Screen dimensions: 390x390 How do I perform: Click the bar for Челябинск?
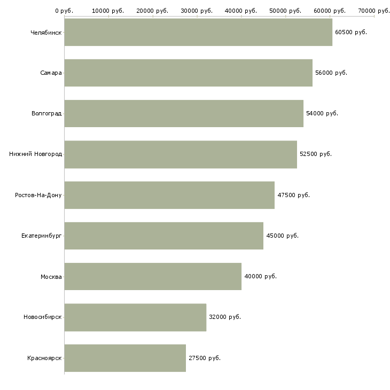pos(198,32)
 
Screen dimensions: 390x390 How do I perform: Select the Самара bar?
pos(188,73)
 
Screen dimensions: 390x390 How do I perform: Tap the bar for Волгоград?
pos(184,113)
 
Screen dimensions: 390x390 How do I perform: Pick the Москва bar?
pos(153,276)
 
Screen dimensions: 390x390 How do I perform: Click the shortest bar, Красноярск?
pos(125,358)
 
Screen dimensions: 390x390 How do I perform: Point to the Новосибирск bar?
pos(135,317)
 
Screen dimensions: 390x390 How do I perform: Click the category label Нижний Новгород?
pos(36,154)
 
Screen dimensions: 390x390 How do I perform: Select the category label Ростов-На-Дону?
pos(38,195)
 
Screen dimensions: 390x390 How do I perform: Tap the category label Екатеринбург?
pos(41,236)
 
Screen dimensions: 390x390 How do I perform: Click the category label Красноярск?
pos(44,358)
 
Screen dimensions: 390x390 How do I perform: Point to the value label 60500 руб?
pos(351,33)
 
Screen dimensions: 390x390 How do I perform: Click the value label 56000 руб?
pos(331,73)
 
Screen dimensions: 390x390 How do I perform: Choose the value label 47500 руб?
pos(293,195)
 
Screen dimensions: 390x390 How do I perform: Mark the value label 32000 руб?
pos(225,317)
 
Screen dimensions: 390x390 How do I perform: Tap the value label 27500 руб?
pos(205,358)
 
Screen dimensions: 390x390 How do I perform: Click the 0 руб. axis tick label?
pos(64,11)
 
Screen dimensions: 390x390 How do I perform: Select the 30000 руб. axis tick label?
pos(197,11)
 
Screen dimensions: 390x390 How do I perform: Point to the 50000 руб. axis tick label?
pos(285,11)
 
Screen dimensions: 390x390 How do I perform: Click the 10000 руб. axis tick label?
pos(108,11)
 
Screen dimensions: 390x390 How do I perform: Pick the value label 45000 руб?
pos(282,236)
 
